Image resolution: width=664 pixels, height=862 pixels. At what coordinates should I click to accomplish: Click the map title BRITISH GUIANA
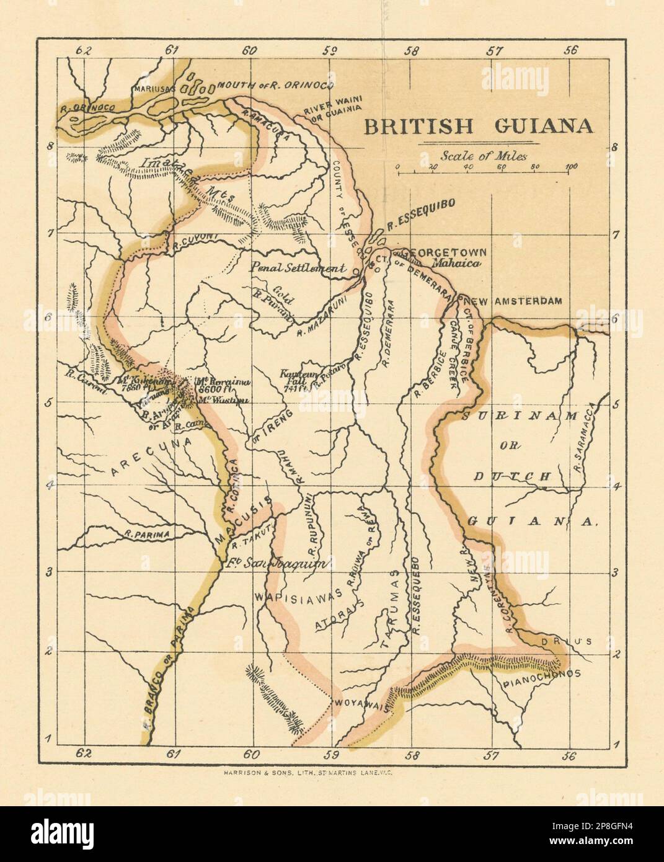477,127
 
